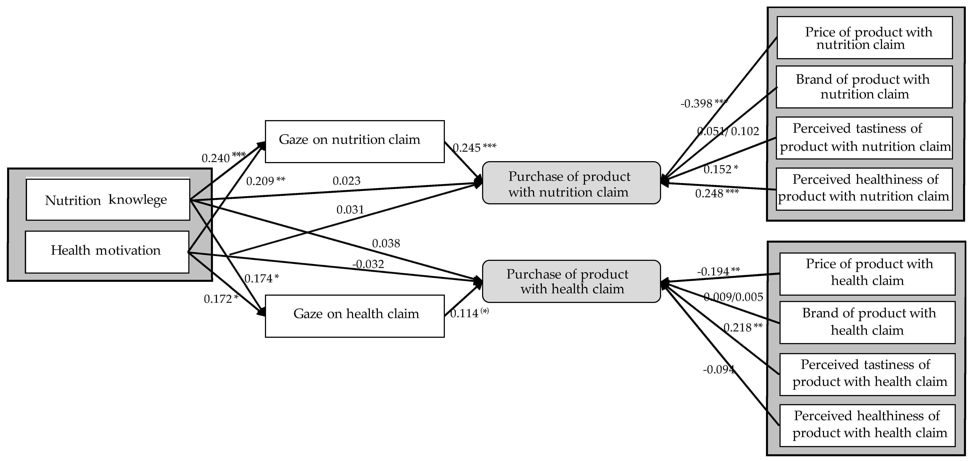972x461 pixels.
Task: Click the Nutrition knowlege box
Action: [x=107, y=200]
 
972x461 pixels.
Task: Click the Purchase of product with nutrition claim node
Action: [x=571, y=183]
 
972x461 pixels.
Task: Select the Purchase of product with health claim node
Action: [x=571, y=281]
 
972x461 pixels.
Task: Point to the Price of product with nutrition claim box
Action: [x=865, y=38]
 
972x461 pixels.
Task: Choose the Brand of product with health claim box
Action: [x=867, y=322]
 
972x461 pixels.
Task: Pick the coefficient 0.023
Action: [x=346, y=181]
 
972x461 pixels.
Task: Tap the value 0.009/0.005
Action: [x=733, y=297]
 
